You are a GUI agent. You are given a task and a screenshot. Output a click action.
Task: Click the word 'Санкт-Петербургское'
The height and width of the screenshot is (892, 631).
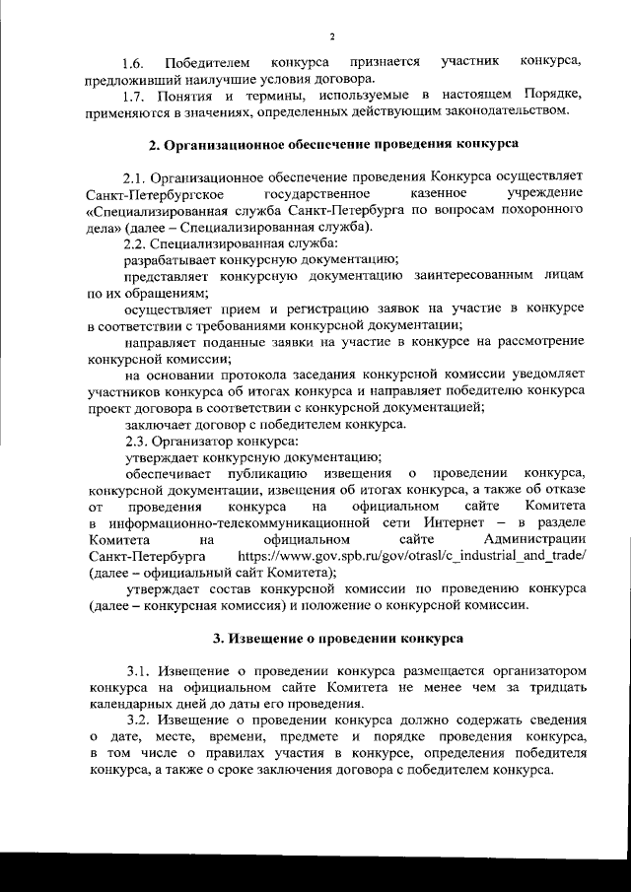148,194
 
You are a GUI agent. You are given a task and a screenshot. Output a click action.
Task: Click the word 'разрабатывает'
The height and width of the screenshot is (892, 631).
166,258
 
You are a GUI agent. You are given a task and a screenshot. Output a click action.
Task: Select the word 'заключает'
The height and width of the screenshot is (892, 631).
154,424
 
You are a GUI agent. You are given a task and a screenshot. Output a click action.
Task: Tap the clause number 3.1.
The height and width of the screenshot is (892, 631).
139,669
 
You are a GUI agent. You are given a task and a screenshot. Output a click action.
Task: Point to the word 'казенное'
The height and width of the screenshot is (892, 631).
419,194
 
